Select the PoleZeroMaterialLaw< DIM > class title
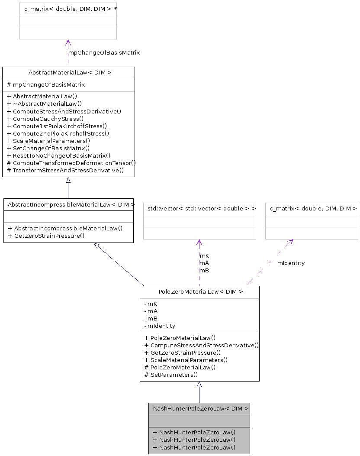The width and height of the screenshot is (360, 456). click(199, 292)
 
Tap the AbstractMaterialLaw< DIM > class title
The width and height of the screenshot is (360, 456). click(68, 73)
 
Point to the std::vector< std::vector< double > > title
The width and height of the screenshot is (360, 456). click(199, 209)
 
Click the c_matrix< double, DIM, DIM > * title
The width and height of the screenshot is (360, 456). click(68, 9)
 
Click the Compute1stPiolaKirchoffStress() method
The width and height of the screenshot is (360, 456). click(57, 126)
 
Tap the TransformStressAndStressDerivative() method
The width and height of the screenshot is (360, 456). click(65, 170)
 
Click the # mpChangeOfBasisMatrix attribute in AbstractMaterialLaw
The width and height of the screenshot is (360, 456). click(46, 85)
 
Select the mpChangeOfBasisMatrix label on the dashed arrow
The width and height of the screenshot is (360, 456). click(104, 52)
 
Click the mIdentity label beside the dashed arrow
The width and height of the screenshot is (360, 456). click(291, 263)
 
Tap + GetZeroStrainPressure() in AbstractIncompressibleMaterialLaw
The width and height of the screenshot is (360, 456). click(46, 236)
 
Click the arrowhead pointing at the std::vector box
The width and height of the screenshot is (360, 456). click(199, 243)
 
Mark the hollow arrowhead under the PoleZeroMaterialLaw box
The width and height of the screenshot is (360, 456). click(199, 385)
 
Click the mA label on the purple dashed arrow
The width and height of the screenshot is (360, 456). click(204, 263)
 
